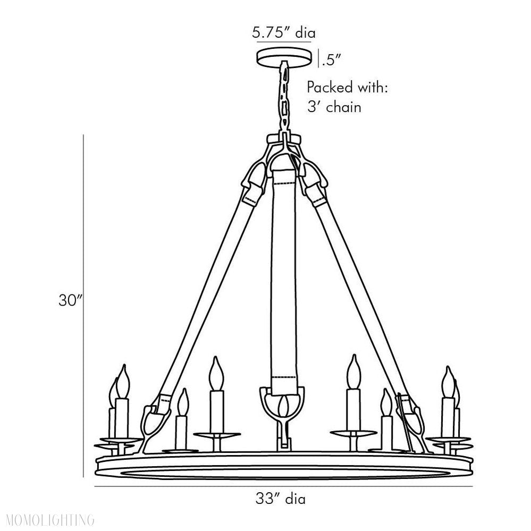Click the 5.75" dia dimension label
284,33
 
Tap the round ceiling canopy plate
283,57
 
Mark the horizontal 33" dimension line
283,486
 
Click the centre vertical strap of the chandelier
286,276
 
